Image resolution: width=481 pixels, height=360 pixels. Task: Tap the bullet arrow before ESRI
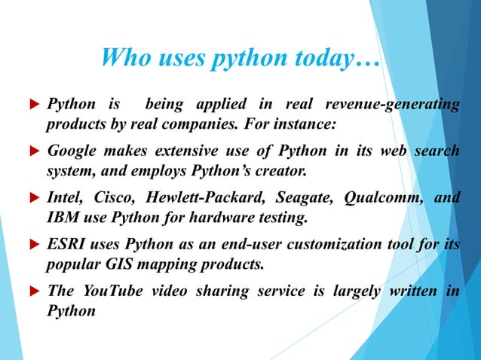[x=35, y=246]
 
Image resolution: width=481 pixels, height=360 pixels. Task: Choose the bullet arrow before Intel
[x=35, y=199]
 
